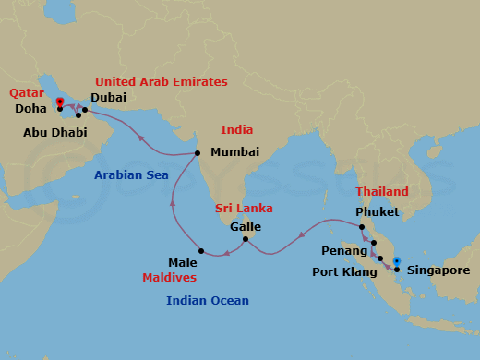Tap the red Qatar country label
pyautogui.click(x=26, y=92)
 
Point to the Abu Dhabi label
pyautogui.click(x=56, y=133)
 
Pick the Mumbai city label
pyautogui.click(x=234, y=152)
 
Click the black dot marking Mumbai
pyautogui.click(x=198, y=152)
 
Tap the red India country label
pyautogui.click(x=236, y=130)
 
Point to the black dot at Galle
pyautogui.click(x=245, y=240)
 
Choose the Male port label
pyautogui.click(x=183, y=262)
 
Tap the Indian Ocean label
pyautogui.click(x=208, y=300)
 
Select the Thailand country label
pyautogui.click(x=382, y=191)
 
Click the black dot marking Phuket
pyautogui.click(x=363, y=227)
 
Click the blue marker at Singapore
pyautogui.click(x=396, y=263)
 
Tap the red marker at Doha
pyautogui.click(x=59, y=102)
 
